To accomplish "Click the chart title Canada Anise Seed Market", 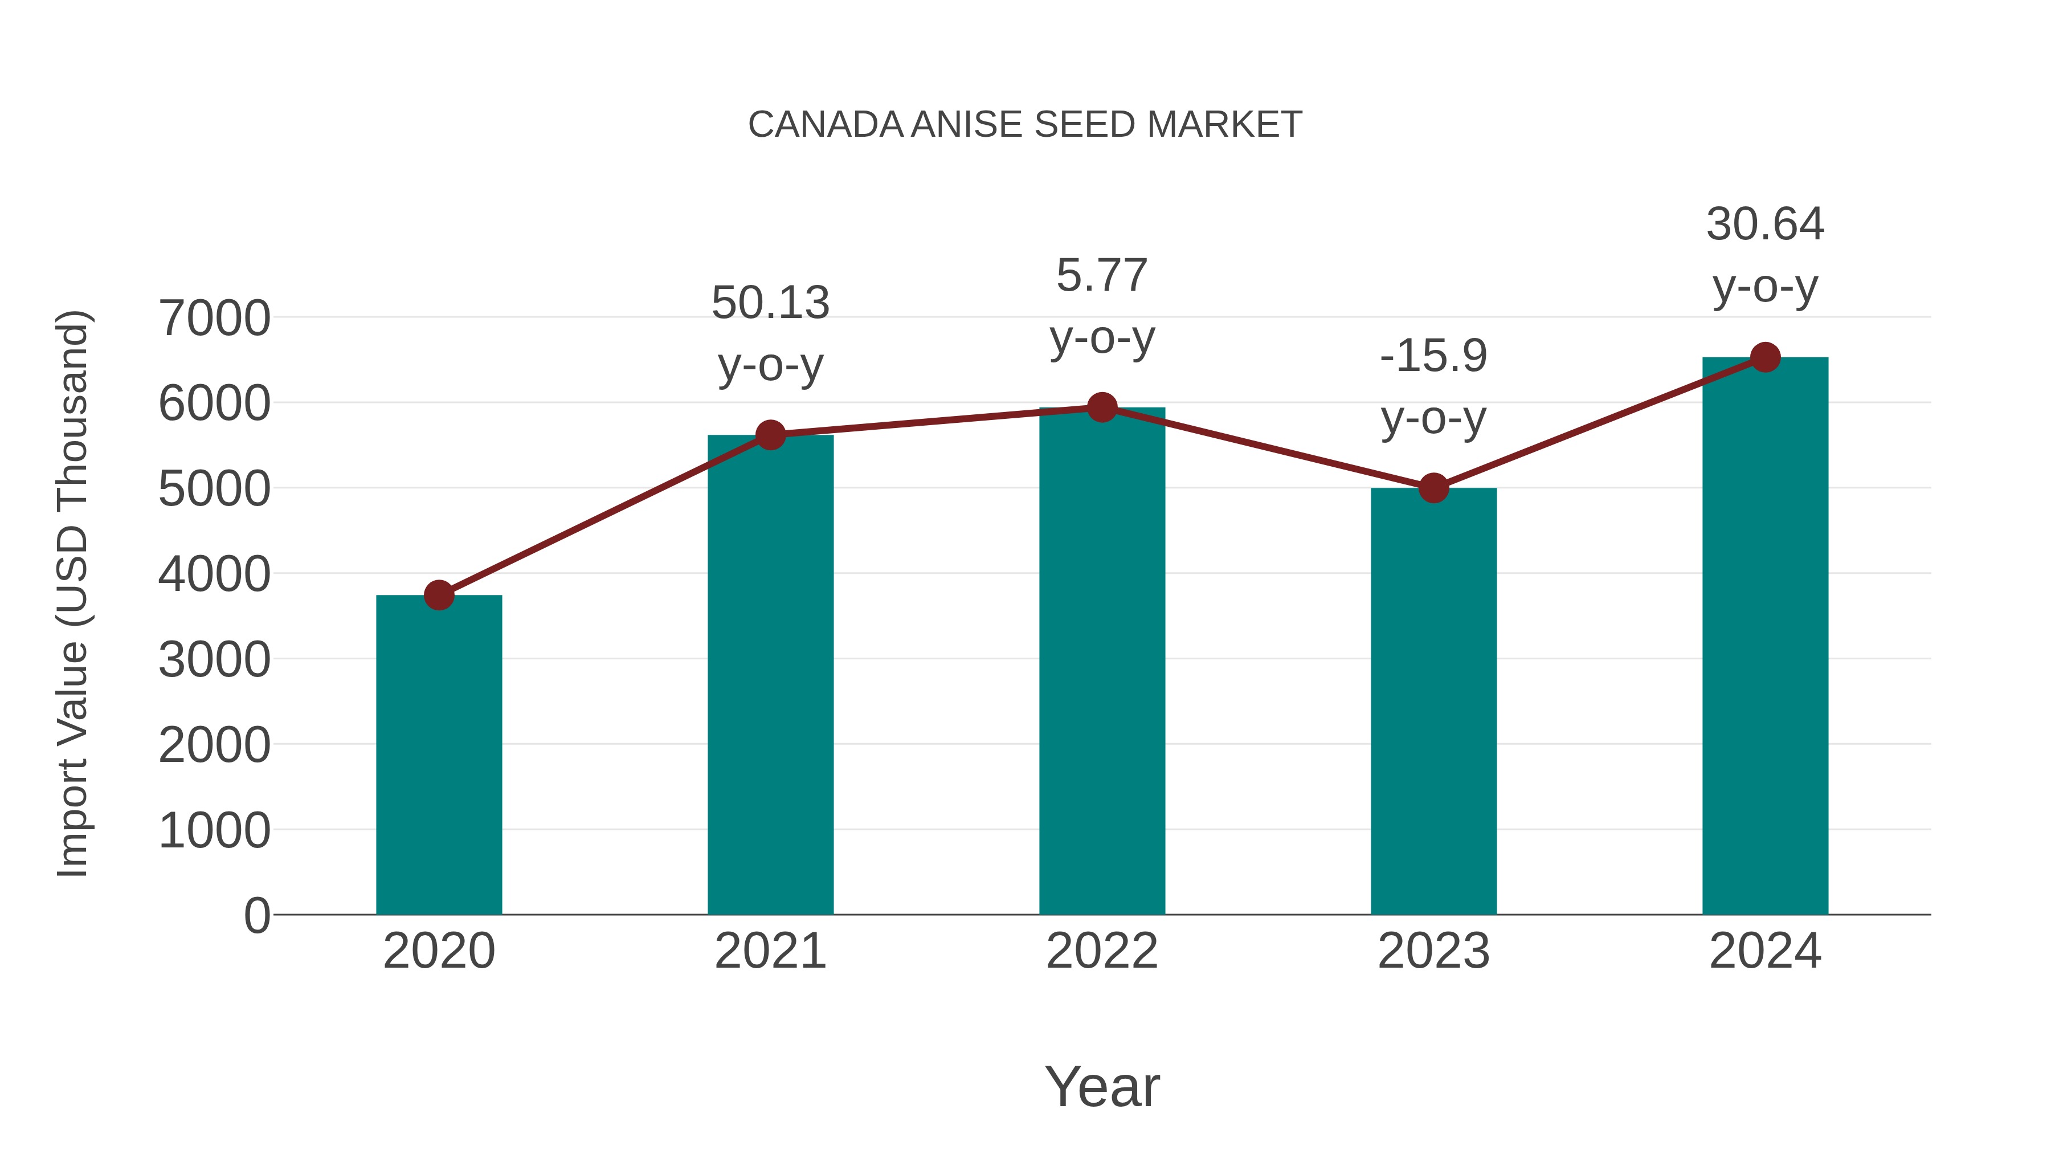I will pos(1025,125).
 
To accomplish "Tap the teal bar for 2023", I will pos(1433,701).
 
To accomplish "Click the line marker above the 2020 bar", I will pos(439,594).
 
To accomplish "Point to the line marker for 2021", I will pos(771,435).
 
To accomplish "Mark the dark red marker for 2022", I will pos(1102,407).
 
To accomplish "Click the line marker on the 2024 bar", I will pos(1765,357).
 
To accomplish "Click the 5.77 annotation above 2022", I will pos(1102,276).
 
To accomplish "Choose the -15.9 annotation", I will pos(1433,356).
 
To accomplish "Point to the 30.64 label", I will pos(1765,225).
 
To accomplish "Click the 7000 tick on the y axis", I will pos(215,319).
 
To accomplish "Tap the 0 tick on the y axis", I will pos(257,915).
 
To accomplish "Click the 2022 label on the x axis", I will pos(1102,951).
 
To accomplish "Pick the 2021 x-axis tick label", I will pos(771,951).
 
